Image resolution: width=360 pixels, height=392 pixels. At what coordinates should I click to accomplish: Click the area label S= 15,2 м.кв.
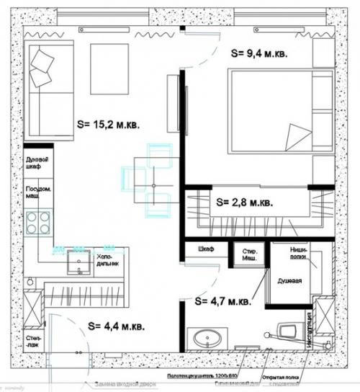point(108,124)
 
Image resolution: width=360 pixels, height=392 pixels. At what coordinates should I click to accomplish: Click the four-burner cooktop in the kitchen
point(39,221)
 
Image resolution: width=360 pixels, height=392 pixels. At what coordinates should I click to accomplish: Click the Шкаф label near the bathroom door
point(206,249)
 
